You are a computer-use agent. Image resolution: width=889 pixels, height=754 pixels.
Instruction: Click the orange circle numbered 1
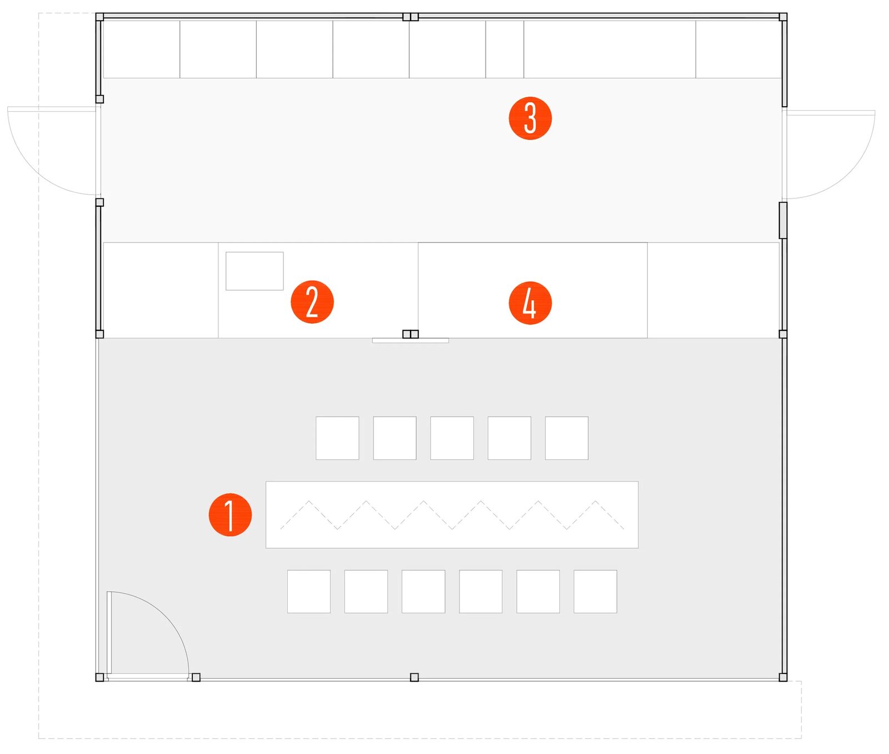230,514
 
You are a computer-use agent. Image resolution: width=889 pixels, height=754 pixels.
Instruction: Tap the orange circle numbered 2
312,301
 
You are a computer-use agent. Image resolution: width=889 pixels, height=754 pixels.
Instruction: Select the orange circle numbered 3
530,118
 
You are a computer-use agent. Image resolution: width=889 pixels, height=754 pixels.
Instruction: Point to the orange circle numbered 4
530,302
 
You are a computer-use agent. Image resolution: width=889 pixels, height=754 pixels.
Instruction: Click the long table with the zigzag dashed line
452,514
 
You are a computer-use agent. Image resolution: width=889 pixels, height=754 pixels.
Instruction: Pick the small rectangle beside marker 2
254,271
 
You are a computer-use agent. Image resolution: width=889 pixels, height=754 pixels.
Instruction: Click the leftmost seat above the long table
337,438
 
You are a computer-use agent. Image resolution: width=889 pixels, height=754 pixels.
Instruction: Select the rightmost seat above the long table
566,438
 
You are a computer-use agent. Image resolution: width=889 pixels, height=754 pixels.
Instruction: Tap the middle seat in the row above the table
452,438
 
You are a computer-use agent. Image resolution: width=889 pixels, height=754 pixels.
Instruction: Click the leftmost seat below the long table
308,591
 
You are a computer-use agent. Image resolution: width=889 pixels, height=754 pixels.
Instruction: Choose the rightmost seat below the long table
595,591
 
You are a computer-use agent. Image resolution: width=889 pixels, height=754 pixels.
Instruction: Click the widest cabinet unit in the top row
610,49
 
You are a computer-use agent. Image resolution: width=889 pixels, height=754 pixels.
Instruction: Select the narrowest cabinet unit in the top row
505,49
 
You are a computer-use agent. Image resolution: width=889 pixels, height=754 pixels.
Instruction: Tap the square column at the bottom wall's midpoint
414,677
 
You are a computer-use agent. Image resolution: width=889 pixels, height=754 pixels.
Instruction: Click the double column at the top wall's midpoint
410,17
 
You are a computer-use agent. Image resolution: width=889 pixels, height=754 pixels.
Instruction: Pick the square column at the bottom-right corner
783,677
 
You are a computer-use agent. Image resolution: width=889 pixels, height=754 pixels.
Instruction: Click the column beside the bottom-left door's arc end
196,677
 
